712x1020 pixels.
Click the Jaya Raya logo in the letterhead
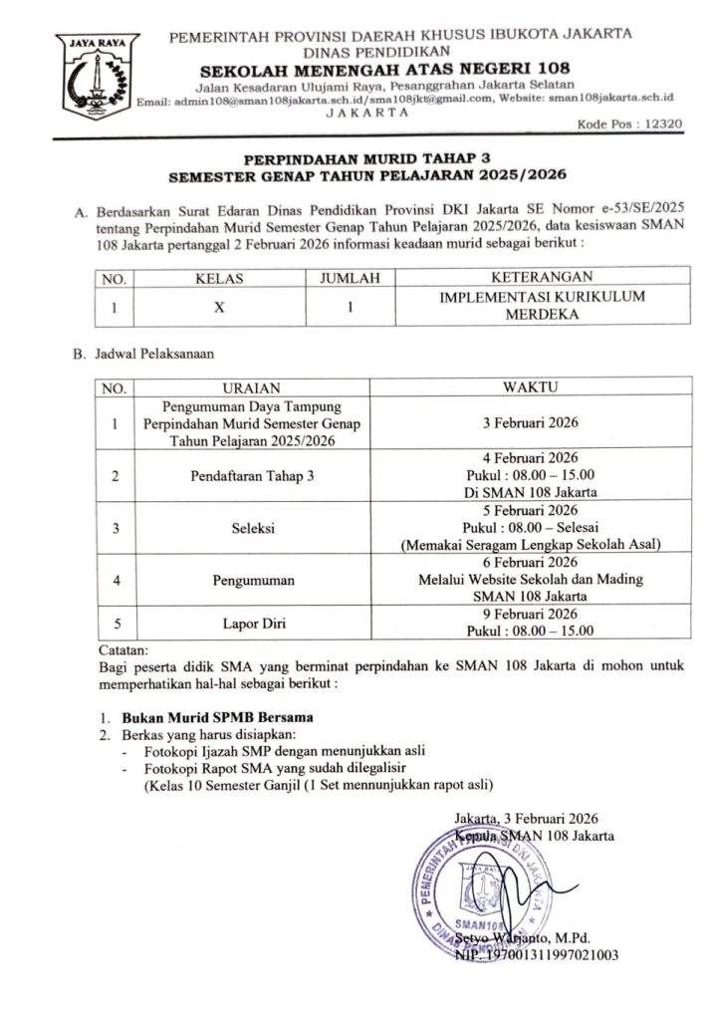tap(98, 80)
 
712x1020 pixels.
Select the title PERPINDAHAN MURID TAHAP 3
tap(368, 157)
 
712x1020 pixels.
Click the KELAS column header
tap(221, 279)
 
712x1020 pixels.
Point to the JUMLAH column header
tap(350, 279)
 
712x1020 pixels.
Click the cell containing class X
tap(221, 307)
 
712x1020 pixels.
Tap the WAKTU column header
tap(529, 385)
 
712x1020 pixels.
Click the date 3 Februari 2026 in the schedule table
tap(529, 423)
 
